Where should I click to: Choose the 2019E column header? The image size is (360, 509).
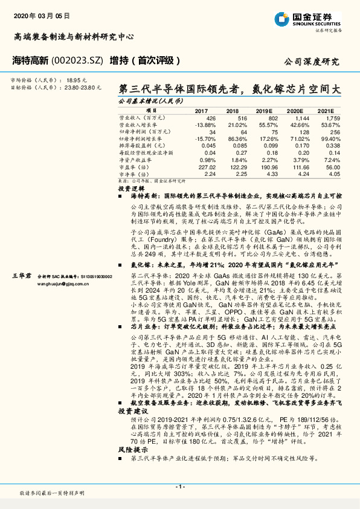(263, 111)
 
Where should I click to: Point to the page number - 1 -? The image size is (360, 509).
(179, 487)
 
